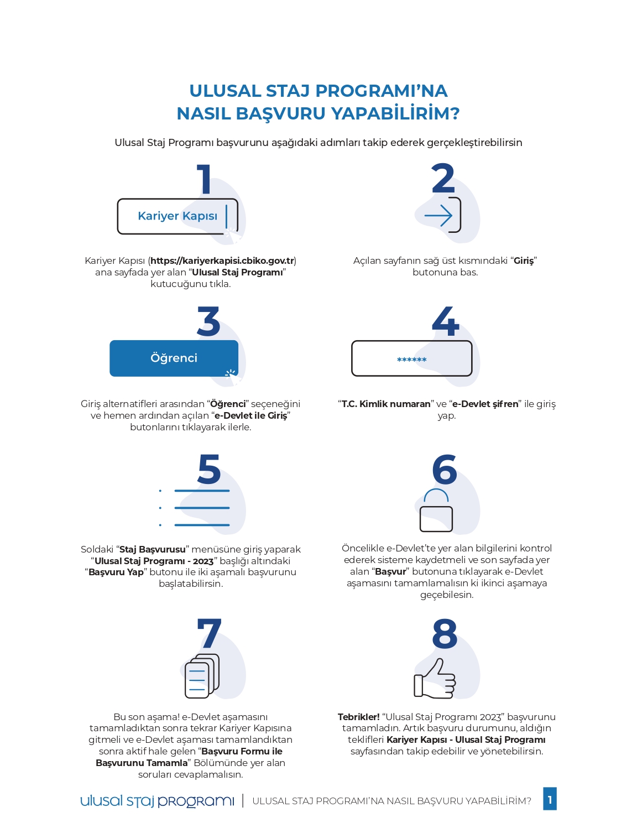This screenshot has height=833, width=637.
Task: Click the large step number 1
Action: pos(205,179)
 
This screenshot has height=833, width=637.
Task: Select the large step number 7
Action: pos(209,634)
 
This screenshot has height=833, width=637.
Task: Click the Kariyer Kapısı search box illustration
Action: pos(177,216)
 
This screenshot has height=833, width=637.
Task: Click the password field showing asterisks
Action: pos(412,359)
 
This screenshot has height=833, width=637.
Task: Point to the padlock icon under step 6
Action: pos(436,512)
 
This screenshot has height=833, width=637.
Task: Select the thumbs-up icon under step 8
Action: pos(435,679)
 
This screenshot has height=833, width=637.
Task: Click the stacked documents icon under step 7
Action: pos(202,676)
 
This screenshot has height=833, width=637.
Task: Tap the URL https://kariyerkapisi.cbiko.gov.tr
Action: pos(222,261)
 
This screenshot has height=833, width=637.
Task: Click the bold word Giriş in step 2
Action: pos(524,261)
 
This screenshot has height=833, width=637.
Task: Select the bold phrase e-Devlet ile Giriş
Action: pos(251,415)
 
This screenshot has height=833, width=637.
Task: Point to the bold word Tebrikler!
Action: pos(358,717)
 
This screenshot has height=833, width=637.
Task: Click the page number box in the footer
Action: pos(550,799)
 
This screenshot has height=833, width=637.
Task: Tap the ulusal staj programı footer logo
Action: pos(157,801)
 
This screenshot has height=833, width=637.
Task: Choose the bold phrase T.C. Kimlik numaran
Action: pos(386,404)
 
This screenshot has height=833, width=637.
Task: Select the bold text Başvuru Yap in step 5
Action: pos(116,572)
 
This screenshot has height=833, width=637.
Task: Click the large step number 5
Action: pos(209,470)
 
